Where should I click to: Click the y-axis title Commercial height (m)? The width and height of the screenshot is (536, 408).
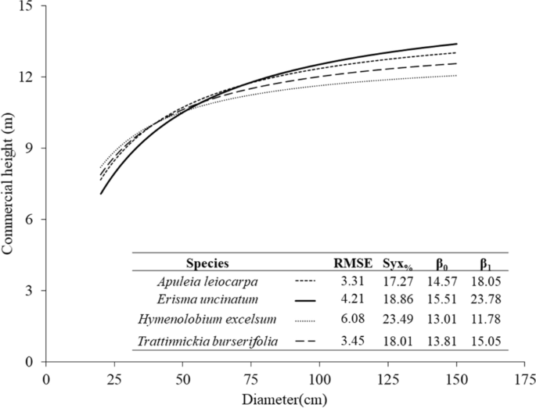(9, 184)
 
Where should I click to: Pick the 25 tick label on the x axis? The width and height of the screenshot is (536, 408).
(114, 378)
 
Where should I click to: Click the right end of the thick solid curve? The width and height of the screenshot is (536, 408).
(456, 44)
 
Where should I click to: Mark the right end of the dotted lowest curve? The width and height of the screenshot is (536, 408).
(456, 76)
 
